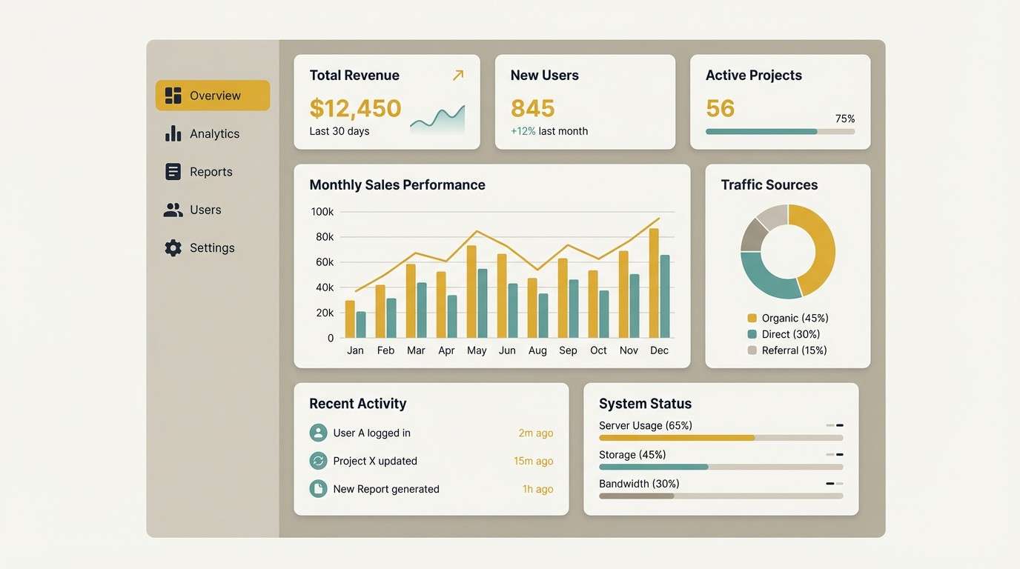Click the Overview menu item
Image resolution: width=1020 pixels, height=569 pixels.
click(213, 96)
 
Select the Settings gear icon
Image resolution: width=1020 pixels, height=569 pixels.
click(173, 248)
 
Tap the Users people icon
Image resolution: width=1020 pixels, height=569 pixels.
click(173, 210)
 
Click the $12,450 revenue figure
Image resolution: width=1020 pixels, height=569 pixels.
click(355, 108)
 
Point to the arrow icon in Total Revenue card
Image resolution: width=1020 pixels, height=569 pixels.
click(458, 75)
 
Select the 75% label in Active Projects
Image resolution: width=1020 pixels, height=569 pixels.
click(844, 119)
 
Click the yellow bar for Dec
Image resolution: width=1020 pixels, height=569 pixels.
click(654, 283)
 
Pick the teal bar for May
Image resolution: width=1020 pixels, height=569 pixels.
click(483, 303)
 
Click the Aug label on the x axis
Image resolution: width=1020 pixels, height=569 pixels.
click(537, 350)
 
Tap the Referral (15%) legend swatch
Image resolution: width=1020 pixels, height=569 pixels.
click(752, 350)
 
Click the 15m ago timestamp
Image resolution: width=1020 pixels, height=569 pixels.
click(533, 461)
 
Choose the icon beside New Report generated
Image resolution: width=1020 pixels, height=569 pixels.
click(318, 489)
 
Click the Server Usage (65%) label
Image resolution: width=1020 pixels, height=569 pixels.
click(645, 425)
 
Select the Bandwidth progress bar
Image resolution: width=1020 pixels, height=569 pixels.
click(721, 496)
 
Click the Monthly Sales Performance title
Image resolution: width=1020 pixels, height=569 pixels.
click(397, 185)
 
